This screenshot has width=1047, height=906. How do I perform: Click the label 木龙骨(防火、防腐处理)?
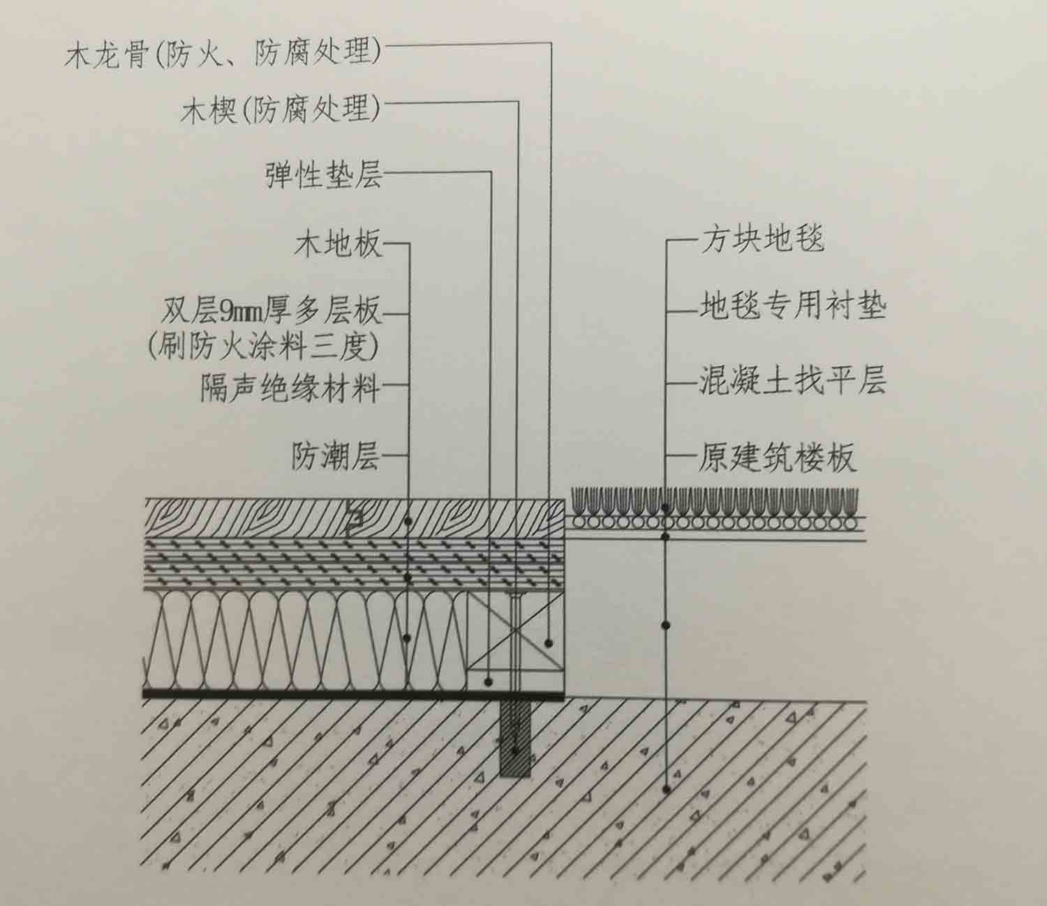(223, 54)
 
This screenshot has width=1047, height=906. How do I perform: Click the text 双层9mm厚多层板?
(272, 311)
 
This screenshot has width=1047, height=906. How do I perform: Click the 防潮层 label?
(336, 457)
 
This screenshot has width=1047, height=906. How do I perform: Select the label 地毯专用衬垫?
(792, 307)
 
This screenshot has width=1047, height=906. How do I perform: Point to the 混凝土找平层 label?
(792, 382)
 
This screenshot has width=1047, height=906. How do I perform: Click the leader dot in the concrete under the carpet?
(667, 789)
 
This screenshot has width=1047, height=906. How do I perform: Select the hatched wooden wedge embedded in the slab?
(515, 739)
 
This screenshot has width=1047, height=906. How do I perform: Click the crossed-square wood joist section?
(515, 631)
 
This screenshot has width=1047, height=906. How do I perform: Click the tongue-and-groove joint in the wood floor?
(355, 517)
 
